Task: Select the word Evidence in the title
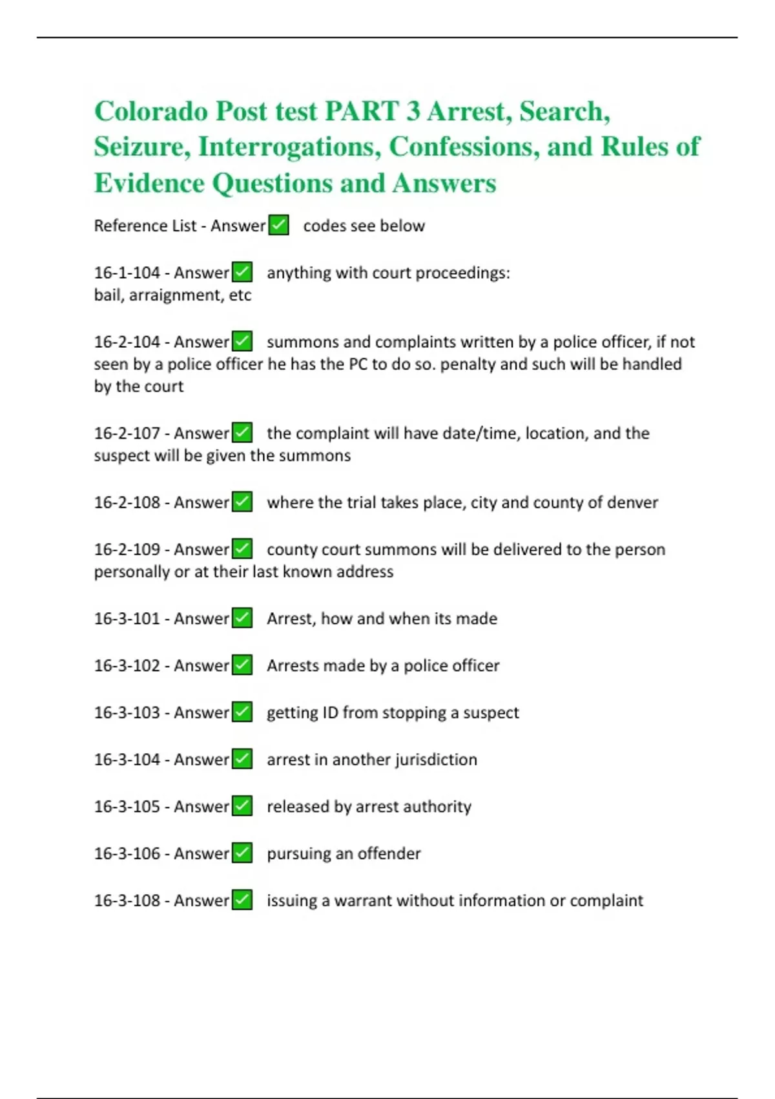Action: point(149,183)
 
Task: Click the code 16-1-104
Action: point(127,273)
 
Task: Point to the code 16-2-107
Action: point(127,433)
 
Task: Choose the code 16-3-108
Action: point(127,901)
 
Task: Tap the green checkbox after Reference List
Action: point(278,226)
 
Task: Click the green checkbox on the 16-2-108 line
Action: point(242,502)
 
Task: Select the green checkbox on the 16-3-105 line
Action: point(242,806)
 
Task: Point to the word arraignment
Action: point(176,295)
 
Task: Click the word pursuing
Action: point(298,854)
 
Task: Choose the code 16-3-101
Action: point(127,619)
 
